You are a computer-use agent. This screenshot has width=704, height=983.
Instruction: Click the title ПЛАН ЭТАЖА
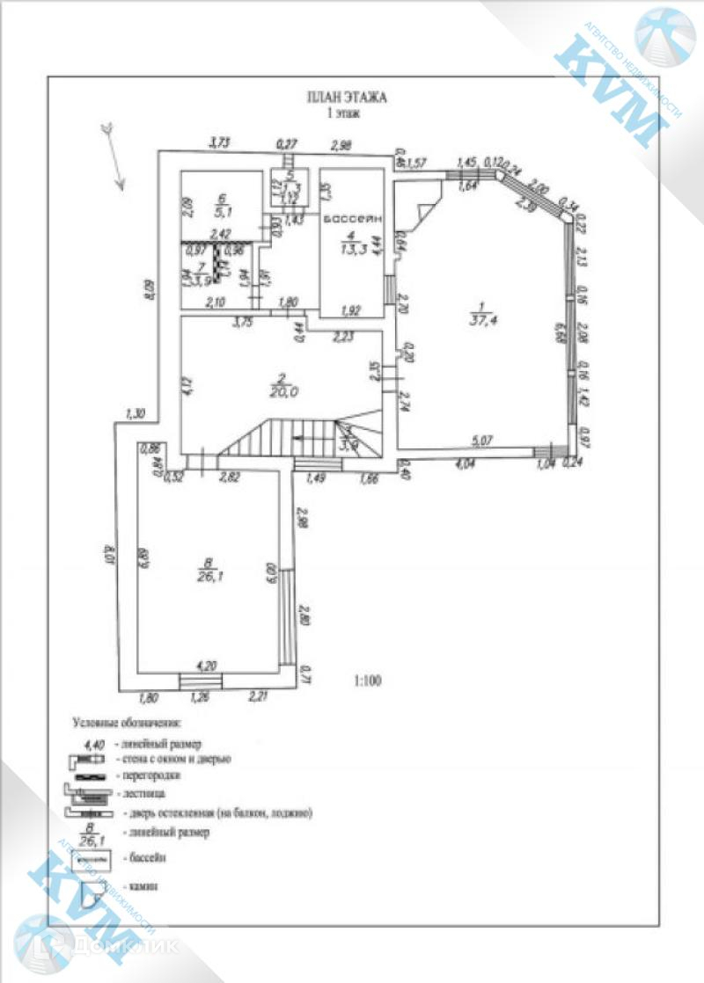coord(346,98)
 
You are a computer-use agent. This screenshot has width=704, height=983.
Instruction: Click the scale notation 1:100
coord(370,680)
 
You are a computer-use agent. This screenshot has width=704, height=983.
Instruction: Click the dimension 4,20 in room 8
coord(206,666)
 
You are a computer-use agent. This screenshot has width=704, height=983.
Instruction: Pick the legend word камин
coord(143,886)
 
